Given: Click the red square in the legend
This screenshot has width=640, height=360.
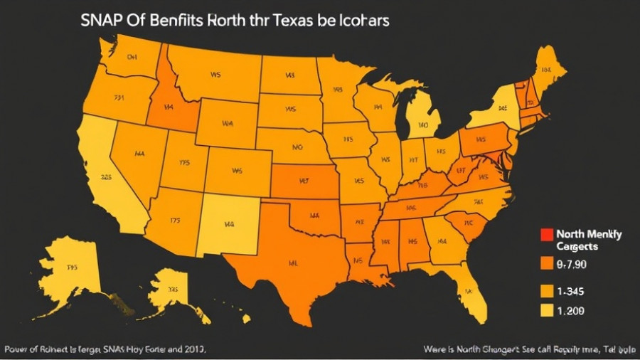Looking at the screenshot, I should (x=546, y=233).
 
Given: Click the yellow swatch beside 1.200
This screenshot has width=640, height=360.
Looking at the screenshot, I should (x=546, y=311).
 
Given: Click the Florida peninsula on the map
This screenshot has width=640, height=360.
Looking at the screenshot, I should (x=469, y=288).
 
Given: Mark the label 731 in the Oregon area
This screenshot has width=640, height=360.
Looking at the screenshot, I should (x=119, y=97).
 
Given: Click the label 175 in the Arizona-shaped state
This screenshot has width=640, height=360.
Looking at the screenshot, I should (x=174, y=221).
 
